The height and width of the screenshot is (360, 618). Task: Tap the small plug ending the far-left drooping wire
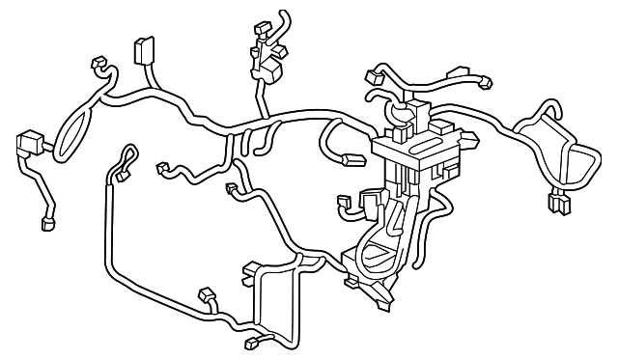pyautogui.click(x=46, y=226)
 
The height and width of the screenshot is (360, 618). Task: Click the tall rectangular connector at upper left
pyautogui.click(x=144, y=51)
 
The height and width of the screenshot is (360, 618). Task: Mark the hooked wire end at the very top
pyautogui.click(x=281, y=16)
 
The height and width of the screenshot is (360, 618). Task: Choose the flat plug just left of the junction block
pyautogui.click(x=346, y=204)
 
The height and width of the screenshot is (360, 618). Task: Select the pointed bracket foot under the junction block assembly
pyautogui.click(x=381, y=294)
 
